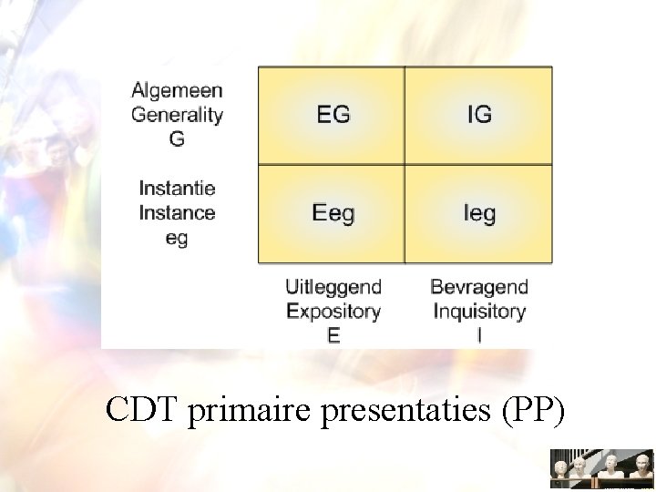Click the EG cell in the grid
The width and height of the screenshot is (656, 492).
tap(332, 115)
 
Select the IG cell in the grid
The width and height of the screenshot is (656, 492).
tap(478, 115)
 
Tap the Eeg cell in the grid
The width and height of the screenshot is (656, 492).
tap(332, 213)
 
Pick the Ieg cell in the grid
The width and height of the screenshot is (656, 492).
tap(478, 213)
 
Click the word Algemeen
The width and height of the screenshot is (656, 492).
tap(177, 90)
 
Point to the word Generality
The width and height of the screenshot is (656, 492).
tap(177, 115)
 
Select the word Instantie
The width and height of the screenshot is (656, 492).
tap(177, 189)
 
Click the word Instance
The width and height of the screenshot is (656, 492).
tap(177, 213)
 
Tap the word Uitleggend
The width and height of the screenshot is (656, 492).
tap(333, 287)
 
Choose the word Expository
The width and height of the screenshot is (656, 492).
tap(333, 312)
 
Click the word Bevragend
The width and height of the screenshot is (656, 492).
tap(479, 287)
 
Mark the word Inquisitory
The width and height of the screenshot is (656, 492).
tap(479, 312)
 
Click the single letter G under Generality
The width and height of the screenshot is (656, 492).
tap(177, 139)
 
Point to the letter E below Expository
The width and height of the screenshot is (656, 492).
tap(333, 335)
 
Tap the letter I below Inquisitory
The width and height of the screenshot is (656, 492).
tap(479, 335)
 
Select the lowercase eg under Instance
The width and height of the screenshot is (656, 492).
tap(177, 238)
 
